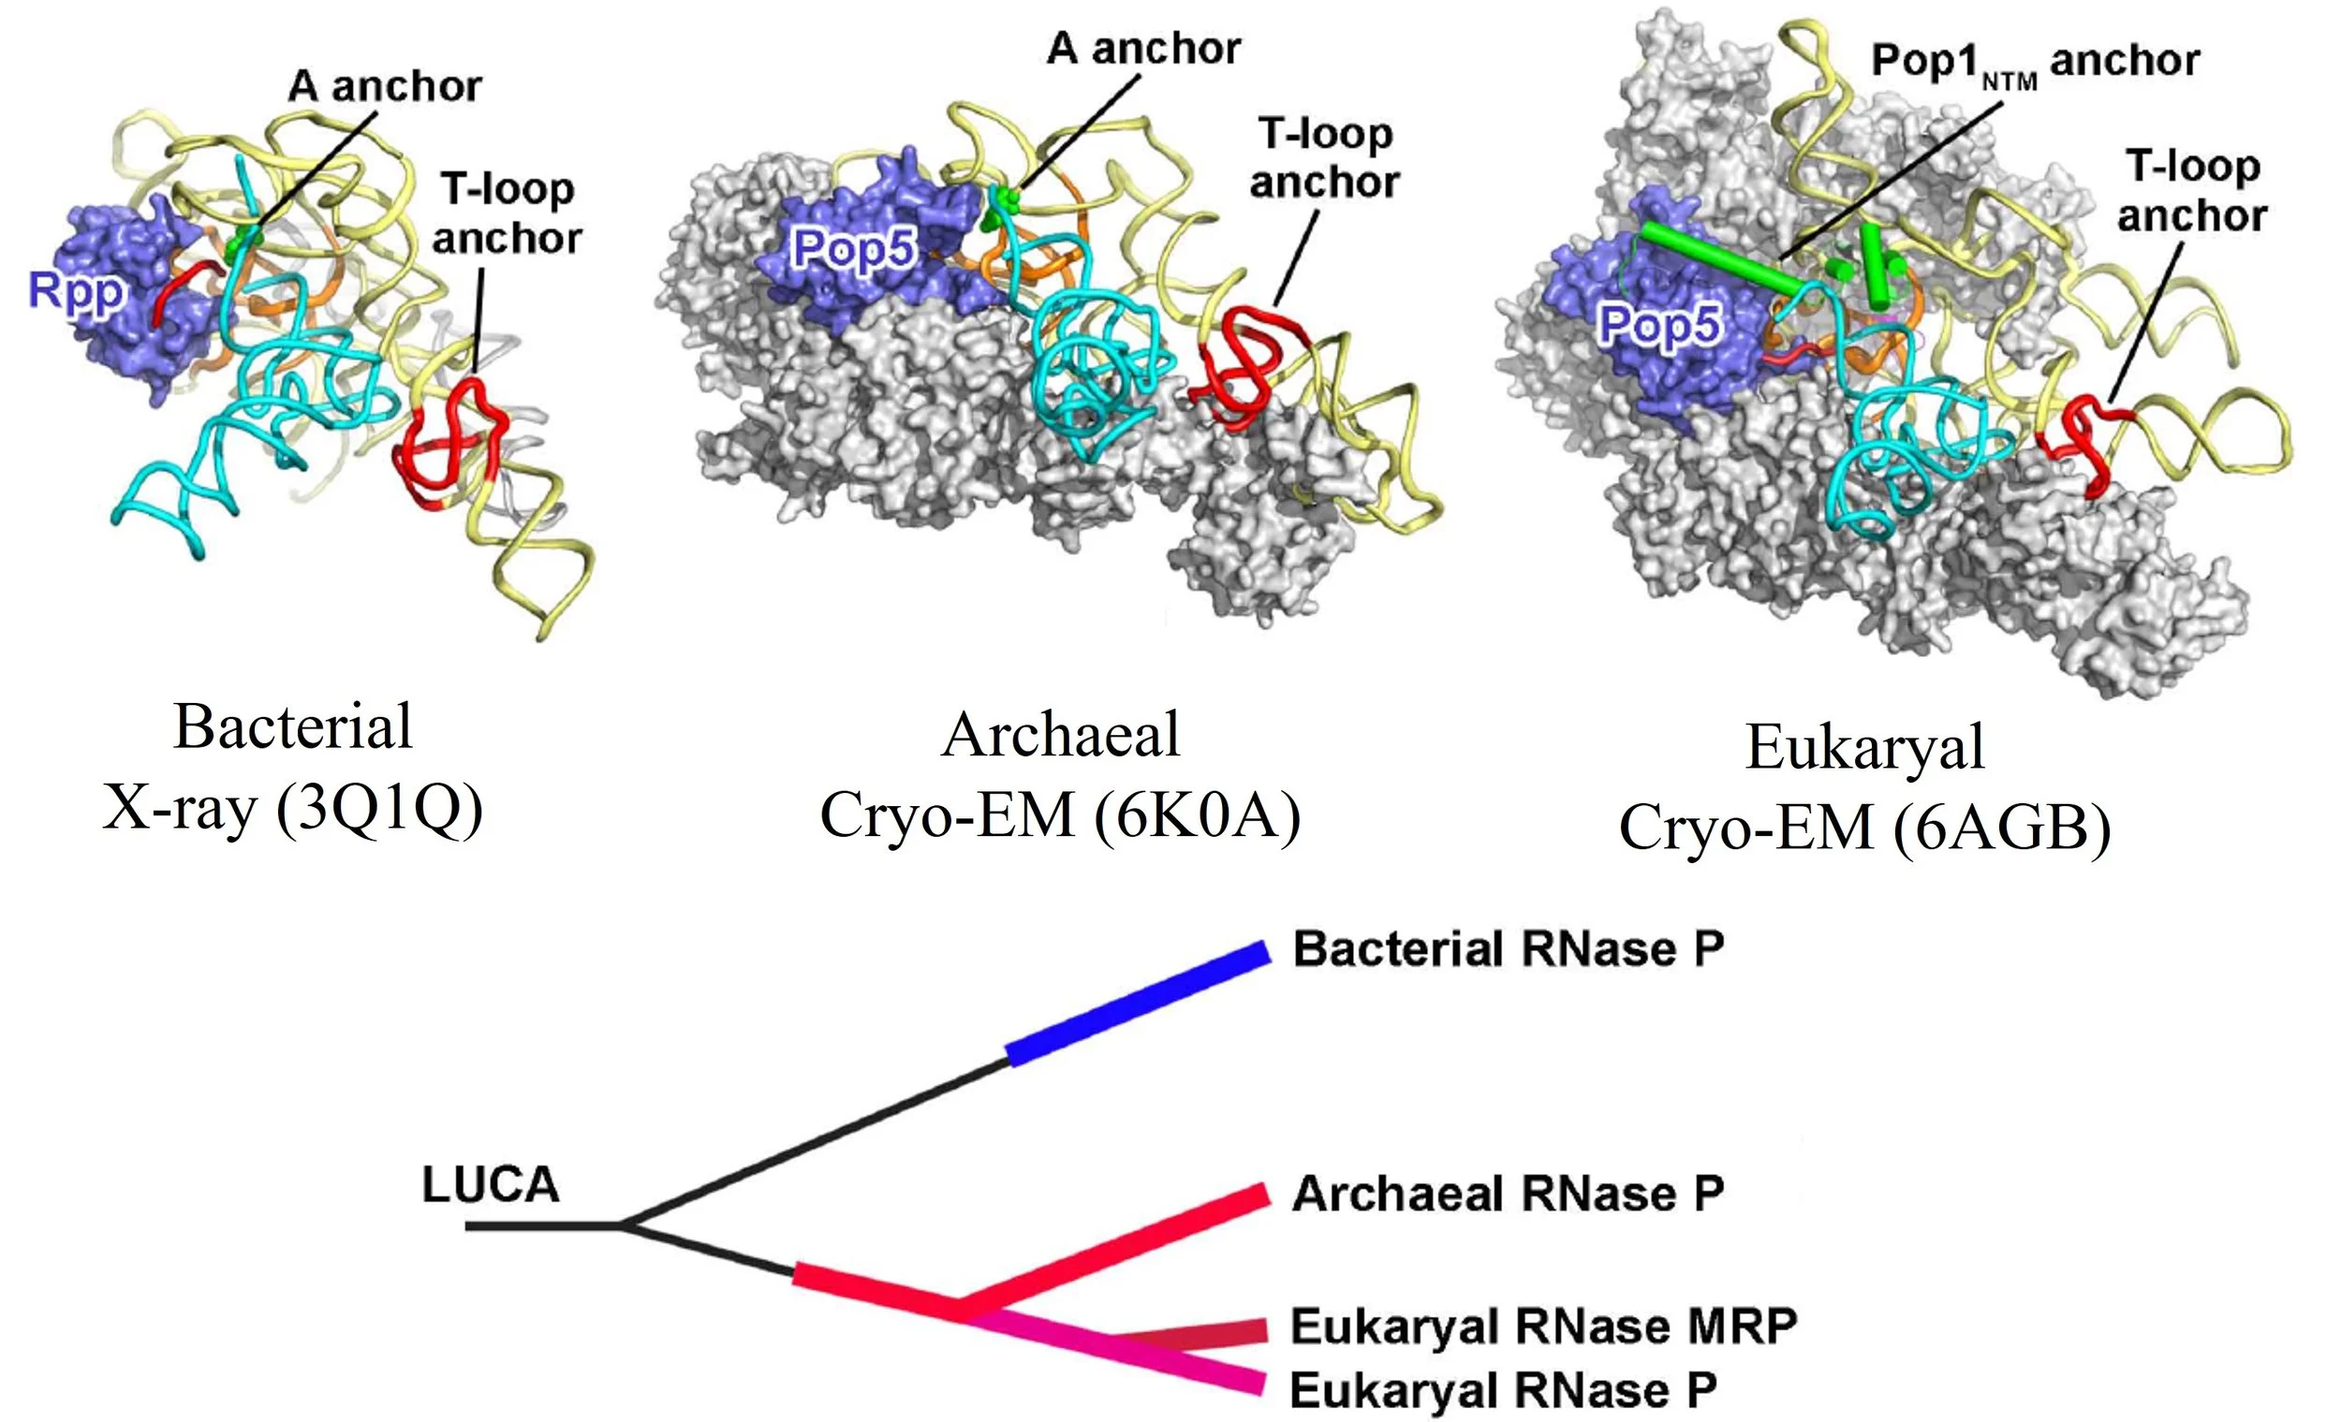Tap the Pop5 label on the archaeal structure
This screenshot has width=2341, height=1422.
click(856, 250)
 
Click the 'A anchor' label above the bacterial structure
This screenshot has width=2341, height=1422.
click(385, 87)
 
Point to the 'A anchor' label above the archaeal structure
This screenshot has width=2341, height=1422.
click(1143, 49)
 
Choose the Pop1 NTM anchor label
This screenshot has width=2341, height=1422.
click(2034, 63)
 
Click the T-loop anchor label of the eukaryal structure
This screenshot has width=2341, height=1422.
click(2192, 192)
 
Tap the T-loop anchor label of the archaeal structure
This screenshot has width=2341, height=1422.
click(1324, 158)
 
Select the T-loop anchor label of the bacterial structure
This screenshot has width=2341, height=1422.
click(507, 213)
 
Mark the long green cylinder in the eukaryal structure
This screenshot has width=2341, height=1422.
click(1721, 257)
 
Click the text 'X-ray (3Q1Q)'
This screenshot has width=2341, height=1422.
click(292, 810)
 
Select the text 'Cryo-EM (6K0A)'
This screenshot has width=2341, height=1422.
click(1059, 815)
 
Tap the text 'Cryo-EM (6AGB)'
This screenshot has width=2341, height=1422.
click(1864, 828)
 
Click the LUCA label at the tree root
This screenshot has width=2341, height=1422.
click(491, 1185)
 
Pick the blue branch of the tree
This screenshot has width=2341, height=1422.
click(1137, 1004)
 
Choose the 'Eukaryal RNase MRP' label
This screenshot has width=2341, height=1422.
click(1543, 1327)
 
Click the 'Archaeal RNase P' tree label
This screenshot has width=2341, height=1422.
click(1507, 1194)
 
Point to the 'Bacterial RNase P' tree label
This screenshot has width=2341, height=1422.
click(1509, 950)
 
